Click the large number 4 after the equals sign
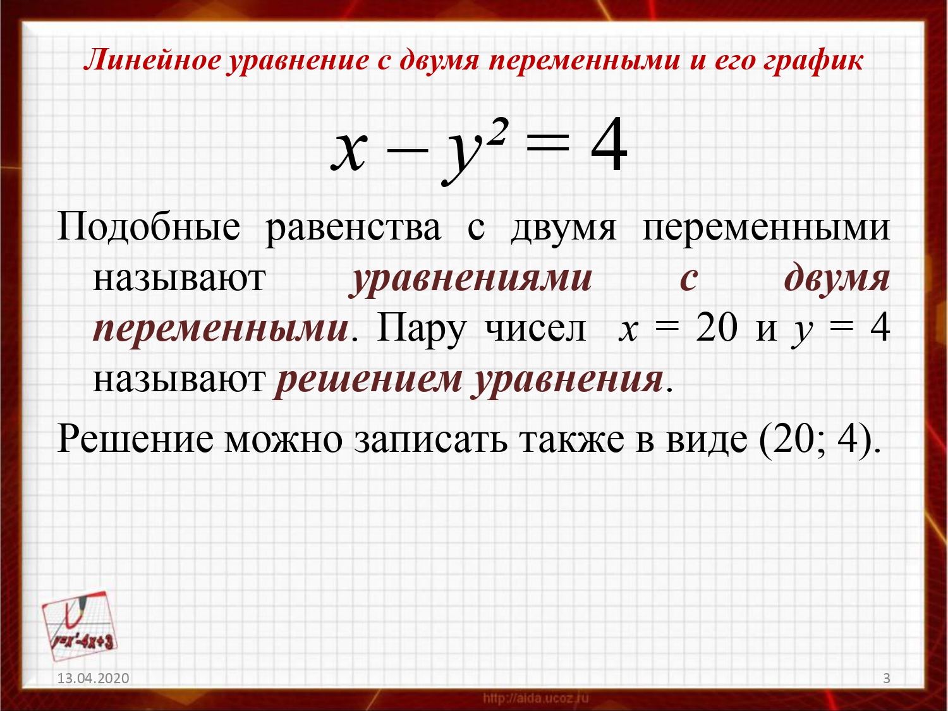pyautogui.click(x=609, y=145)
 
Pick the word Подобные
pyautogui.click(x=149, y=227)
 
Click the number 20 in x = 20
pyautogui.click(x=716, y=328)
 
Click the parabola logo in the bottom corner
pyautogui.click(x=79, y=626)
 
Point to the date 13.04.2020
pyautogui.click(x=94, y=678)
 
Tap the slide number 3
pyautogui.click(x=886, y=678)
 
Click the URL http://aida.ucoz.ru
pyautogui.click(x=536, y=698)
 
